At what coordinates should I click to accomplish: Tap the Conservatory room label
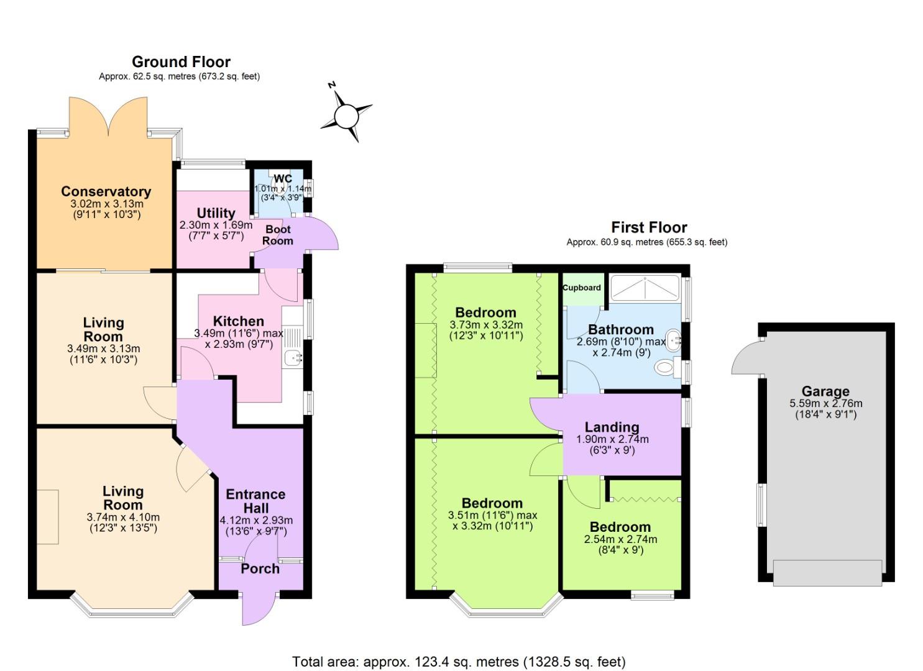pos(106,191)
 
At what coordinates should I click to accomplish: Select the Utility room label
pos(216,213)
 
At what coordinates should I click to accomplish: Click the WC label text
pos(282,179)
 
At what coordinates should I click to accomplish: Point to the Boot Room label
pos(277,235)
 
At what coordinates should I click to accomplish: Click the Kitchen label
pos(238,321)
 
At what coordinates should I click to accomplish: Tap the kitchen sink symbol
pos(292,358)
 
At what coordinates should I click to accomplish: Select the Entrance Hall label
pos(255,501)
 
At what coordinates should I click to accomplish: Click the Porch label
pos(260,568)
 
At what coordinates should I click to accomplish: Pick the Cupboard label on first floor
pos(582,288)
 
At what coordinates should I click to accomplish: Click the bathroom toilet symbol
pos(664,367)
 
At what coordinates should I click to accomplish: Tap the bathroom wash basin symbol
pos(674,340)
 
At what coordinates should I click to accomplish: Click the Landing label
pos(612,427)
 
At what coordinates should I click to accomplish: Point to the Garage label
pos(825,391)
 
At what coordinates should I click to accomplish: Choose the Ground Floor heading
pos(181,62)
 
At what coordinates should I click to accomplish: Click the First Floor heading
pos(649,227)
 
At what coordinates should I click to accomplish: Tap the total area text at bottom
pos(459,662)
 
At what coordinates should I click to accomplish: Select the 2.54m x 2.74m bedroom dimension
pos(620,539)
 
